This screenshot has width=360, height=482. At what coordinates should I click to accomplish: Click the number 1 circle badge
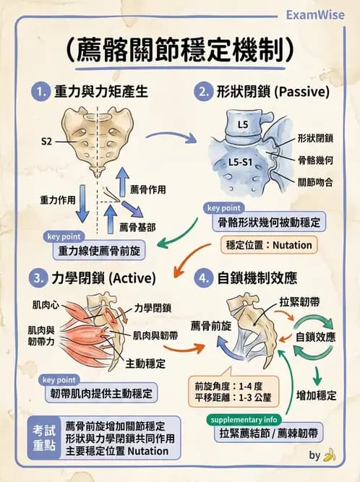click(x=40, y=92)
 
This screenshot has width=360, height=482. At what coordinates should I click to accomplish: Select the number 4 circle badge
click(x=203, y=277)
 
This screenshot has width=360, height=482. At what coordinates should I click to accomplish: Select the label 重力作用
click(x=57, y=197)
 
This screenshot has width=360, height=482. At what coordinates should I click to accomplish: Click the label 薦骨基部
click(x=137, y=227)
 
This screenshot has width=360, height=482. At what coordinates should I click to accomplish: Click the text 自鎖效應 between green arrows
click(x=315, y=337)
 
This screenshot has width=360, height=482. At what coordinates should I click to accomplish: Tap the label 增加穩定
click(x=317, y=395)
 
